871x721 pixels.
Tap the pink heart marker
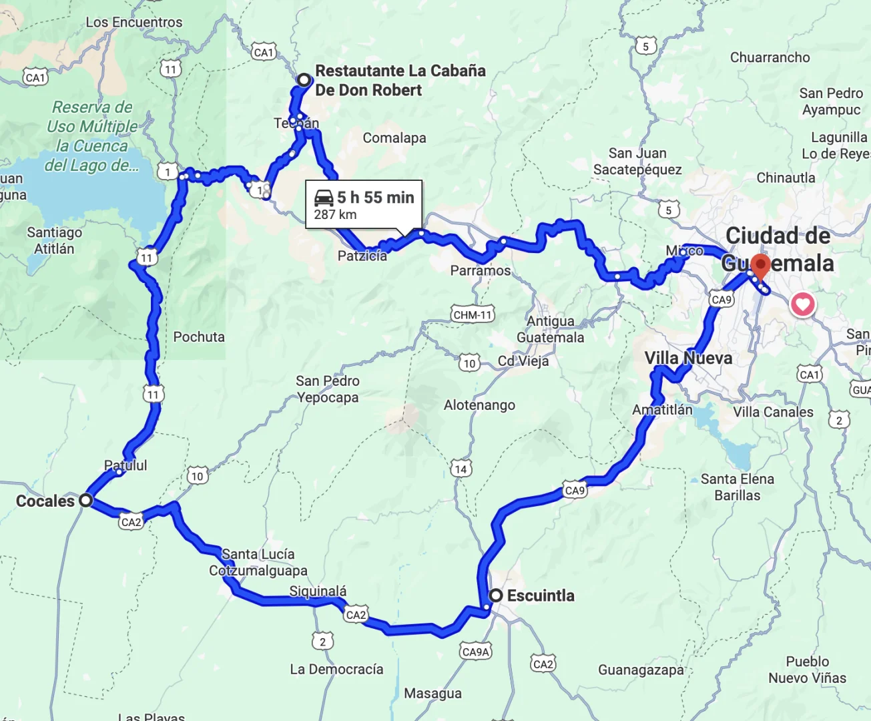[802, 304]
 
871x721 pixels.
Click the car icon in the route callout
[324, 198]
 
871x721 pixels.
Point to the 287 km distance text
[335, 215]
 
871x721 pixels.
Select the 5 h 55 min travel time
[375, 198]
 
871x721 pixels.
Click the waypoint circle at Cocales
[85, 500]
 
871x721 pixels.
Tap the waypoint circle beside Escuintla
[496, 595]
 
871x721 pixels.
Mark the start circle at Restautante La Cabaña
[304, 80]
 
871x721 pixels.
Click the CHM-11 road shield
[473, 314]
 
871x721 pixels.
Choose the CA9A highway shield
[476, 652]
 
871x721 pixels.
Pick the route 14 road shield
[461, 469]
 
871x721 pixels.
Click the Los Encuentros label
[133, 22]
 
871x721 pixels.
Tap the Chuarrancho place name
[770, 57]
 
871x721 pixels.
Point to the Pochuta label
[199, 337]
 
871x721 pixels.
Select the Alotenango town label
[479, 405]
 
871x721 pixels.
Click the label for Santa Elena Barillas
[737, 487]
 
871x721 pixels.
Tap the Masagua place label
[432, 694]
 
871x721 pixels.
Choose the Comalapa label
[394, 138]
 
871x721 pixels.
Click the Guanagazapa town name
[640, 670]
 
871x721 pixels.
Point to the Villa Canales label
[773, 412]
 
